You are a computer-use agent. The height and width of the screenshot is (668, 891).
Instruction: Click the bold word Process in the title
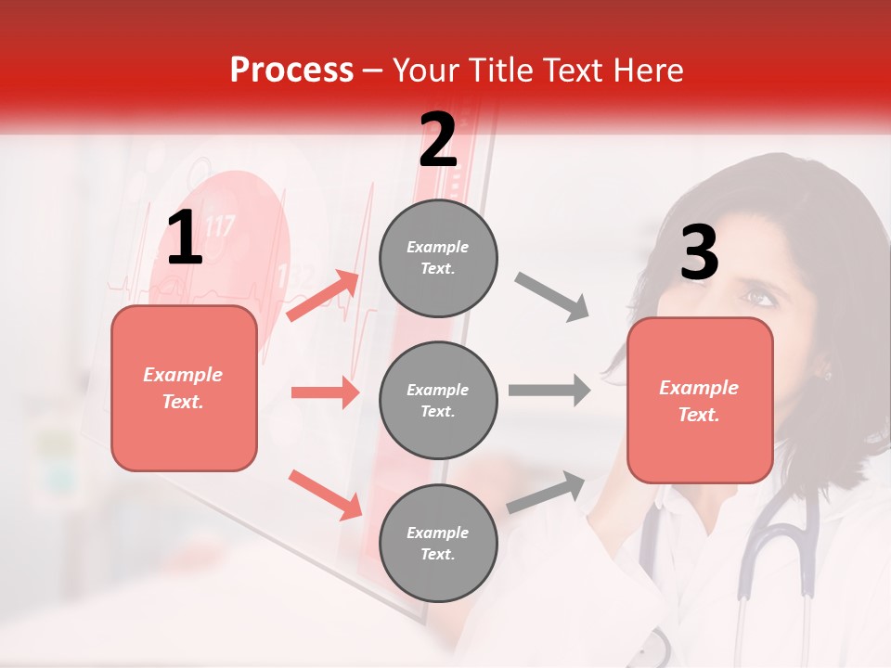(291, 70)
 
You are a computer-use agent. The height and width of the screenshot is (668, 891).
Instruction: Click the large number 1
(185, 238)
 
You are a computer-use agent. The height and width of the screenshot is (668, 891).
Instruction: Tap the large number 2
(437, 139)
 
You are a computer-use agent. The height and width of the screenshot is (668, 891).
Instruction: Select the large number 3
(699, 253)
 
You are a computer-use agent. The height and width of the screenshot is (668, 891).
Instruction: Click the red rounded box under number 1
(184, 388)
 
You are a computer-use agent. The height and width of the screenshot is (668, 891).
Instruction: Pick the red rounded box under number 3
(700, 400)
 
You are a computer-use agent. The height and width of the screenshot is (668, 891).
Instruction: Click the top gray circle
(438, 258)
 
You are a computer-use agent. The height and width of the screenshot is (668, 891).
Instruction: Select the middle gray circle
(438, 400)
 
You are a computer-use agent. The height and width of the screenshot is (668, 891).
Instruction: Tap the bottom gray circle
(438, 543)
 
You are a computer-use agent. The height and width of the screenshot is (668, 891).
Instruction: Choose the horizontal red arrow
(325, 392)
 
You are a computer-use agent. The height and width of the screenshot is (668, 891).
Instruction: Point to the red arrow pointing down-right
(326, 495)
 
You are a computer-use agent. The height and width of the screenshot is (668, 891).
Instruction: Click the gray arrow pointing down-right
(551, 297)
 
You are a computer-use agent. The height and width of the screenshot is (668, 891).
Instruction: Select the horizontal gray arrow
(549, 391)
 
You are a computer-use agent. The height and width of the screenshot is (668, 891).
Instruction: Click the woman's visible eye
(759, 298)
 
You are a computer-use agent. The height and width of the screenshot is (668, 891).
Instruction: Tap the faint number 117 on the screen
(220, 225)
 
